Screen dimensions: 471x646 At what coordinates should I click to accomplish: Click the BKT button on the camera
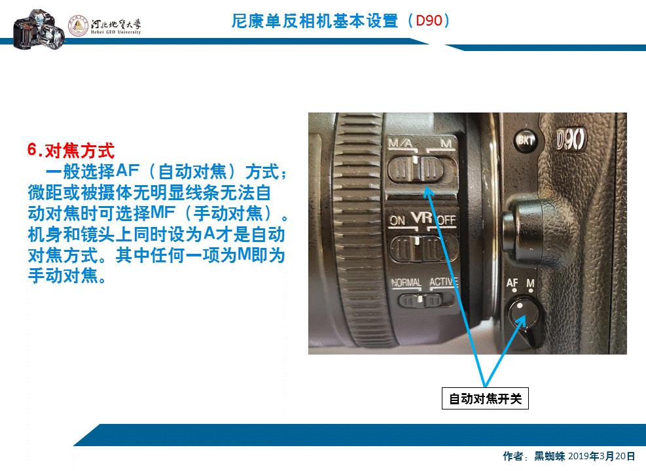pyautogui.click(x=524, y=139)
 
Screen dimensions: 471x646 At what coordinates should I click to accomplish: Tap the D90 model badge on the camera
pyautogui.click(x=571, y=140)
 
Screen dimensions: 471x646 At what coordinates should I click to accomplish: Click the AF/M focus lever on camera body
pyautogui.click(x=522, y=313)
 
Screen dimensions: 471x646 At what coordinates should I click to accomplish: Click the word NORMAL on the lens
pyautogui.click(x=406, y=283)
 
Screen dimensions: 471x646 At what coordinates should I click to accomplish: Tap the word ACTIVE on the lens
pyautogui.click(x=443, y=282)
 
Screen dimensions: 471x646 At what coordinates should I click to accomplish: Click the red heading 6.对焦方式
pyautogui.click(x=71, y=150)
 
